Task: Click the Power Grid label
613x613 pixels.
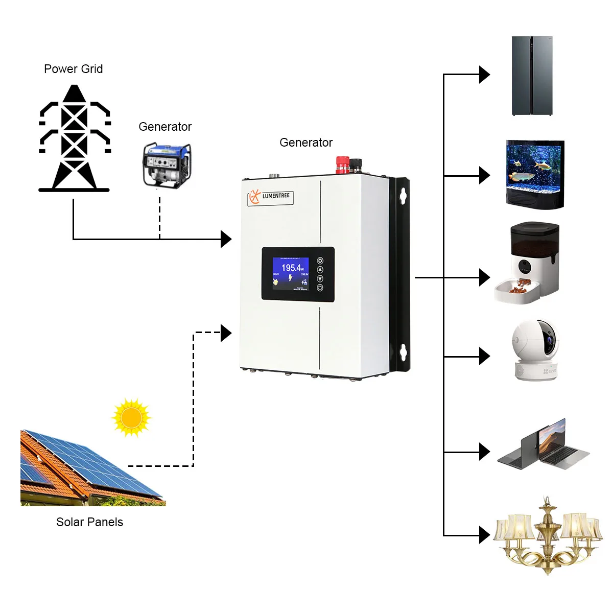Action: pos(74,69)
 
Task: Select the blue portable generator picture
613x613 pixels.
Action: pos(167,166)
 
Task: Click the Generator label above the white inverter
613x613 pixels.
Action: pos(306,143)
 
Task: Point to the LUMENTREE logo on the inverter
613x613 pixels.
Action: pos(270,197)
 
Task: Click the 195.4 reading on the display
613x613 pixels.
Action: pos(292,268)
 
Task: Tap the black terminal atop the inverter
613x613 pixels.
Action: pos(356,165)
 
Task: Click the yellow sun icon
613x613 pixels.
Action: pos(131,418)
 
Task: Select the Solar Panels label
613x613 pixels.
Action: pos(90,522)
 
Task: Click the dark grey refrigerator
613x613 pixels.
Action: pos(532,76)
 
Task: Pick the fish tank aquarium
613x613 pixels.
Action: pos(535,175)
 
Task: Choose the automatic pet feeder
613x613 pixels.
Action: pos(527,263)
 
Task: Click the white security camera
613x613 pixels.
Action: pos(536,349)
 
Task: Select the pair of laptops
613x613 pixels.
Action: pos(544,444)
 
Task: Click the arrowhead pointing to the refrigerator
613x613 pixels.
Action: pos(484,75)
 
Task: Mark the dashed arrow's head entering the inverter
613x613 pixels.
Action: pos(226,333)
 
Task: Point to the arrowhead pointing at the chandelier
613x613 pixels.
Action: pos(484,535)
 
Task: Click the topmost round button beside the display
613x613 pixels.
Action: pos(320,261)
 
